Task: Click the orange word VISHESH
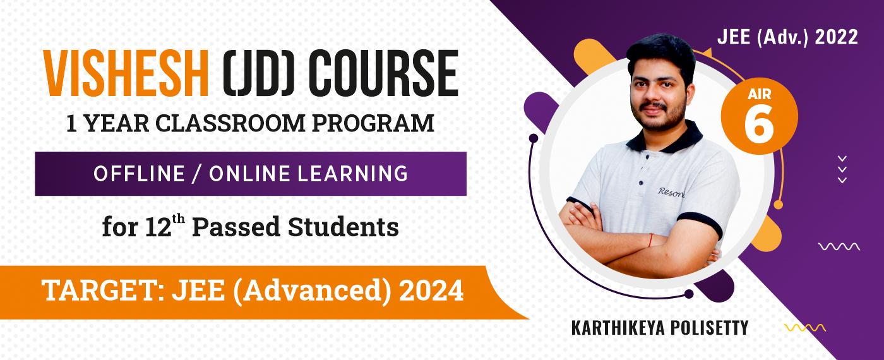126,74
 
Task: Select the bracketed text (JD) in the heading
258,74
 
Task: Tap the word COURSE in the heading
383,74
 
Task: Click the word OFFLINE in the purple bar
139,174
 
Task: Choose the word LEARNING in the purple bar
352,174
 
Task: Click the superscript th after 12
178,220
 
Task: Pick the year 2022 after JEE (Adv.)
836,37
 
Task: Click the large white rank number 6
759,126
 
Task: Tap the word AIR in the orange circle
759,94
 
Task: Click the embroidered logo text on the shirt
671,192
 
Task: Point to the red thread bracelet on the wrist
650,240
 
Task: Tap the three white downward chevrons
842,169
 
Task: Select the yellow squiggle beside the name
804,328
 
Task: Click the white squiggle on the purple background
839,247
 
